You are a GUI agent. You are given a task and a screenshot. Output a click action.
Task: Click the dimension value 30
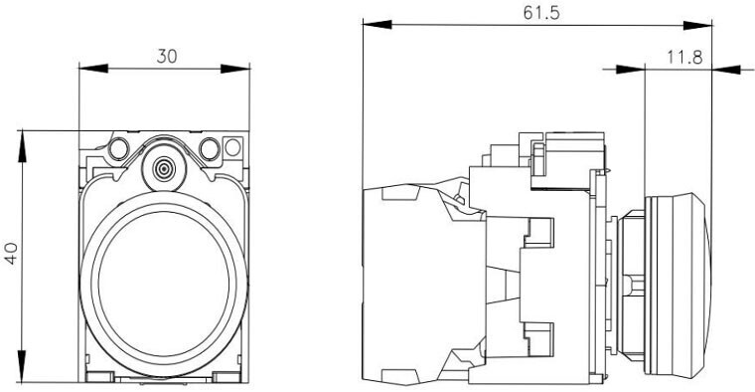click(x=167, y=57)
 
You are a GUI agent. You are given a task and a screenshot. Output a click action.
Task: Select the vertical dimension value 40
click(x=11, y=253)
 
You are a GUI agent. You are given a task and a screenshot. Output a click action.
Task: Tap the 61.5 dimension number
click(x=541, y=13)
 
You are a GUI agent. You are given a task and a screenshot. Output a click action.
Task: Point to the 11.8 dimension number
click(x=684, y=58)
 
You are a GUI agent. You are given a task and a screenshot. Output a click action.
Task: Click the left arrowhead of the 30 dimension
click(x=93, y=69)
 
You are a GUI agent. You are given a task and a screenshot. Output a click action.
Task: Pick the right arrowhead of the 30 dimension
click(x=235, y=69)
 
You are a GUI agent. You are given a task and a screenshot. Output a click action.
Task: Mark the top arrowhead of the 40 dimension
click(x=22, y=146)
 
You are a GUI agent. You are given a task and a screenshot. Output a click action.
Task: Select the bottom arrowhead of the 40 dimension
click(x=22, y=366)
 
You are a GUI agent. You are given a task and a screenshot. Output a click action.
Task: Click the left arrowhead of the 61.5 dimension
click(x=377, y=24)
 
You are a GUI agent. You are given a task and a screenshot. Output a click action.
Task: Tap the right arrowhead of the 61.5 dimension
click(x=697, y=25)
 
